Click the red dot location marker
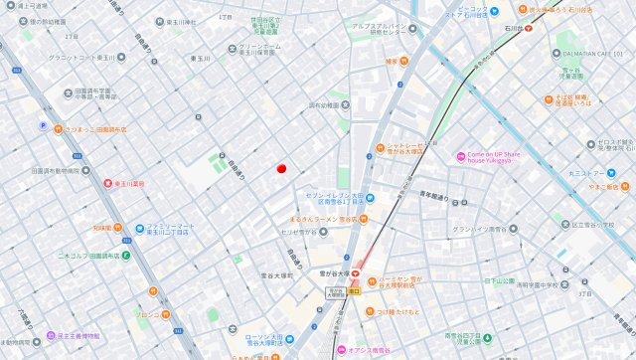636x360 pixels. [281, 168]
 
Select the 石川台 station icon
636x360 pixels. [529, 28]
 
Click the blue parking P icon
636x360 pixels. [42, 125]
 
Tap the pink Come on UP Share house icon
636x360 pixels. [460, 156]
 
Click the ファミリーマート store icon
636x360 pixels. [140, 228]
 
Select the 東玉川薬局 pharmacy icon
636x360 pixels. [107, 183]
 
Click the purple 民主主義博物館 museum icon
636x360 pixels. [50, 336]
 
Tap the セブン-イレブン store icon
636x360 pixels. [368, 198]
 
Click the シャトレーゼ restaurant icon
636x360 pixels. [380, 149]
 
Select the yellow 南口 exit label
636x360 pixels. [354, 290]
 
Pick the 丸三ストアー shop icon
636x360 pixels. [628, 173]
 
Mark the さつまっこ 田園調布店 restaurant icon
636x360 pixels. [58, 129]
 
